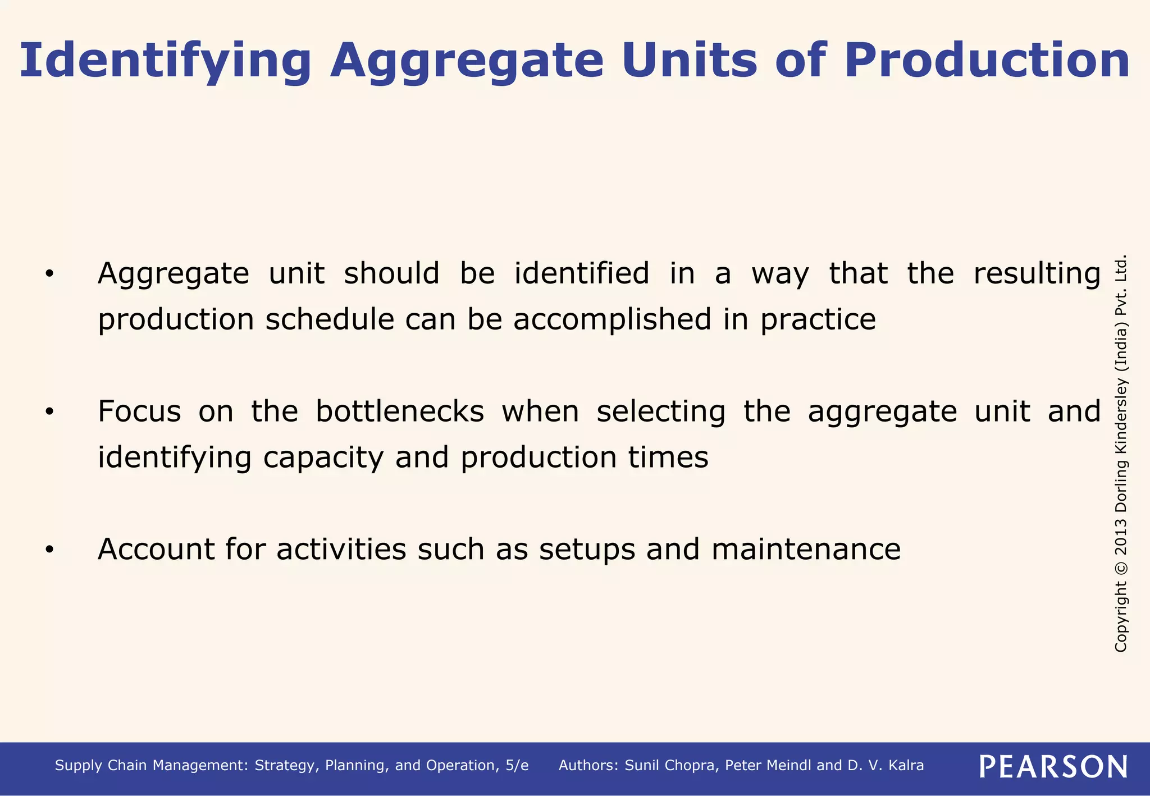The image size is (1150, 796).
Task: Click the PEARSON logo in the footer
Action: (1053, 766)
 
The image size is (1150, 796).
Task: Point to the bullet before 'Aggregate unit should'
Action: (49, 274)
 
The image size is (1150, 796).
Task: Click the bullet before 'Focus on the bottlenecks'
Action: (49, 412)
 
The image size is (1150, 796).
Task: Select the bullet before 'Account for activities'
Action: (49, 550)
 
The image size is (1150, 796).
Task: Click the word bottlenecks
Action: (399, 411)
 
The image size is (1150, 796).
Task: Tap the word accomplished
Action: (612, 319)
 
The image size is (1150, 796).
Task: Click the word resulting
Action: (1037, 275)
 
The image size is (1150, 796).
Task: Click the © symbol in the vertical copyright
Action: (1121, 568)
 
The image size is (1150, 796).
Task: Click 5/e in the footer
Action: (517, 766)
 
